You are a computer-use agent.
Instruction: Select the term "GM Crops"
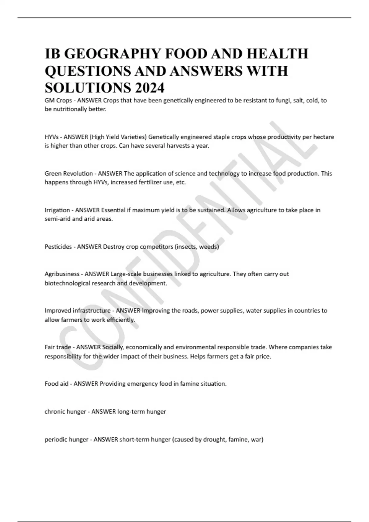click(58, 100)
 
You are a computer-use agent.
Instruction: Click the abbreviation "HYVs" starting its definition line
click(52, 137)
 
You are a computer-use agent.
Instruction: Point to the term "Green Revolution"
click(69, 173)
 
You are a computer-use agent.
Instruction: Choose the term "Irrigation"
click(57, 210)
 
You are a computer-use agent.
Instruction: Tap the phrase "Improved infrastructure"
click(77, 310)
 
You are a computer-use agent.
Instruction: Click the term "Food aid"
click(56, 384)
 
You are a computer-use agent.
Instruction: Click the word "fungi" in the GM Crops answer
click(283, 100)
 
